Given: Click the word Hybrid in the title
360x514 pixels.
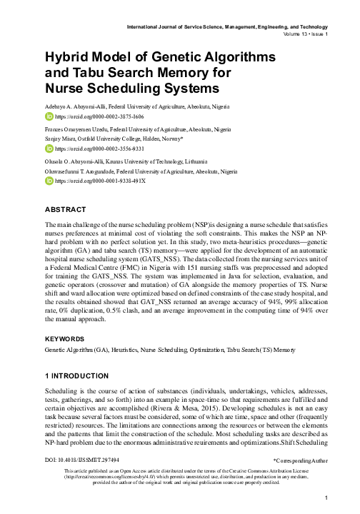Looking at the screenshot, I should coord(66,56).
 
